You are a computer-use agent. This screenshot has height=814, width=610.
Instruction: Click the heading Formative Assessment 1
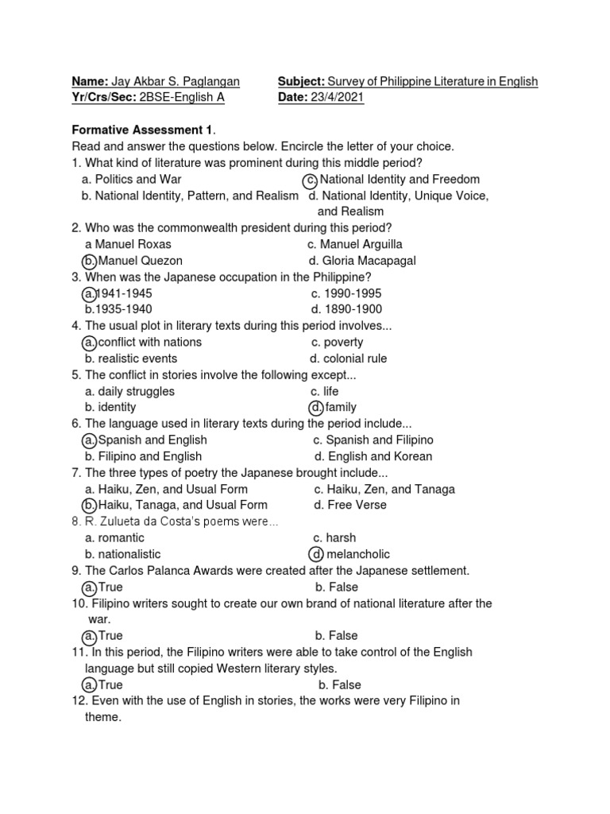point(143,130)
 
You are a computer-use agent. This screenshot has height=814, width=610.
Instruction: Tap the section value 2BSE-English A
point(182,97)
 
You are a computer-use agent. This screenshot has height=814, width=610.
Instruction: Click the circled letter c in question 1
point(311,180)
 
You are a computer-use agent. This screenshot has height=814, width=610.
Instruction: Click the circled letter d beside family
point(316,408)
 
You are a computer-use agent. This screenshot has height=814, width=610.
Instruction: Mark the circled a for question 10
point(90,636)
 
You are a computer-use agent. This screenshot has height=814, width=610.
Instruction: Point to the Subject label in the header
point(301,81)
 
